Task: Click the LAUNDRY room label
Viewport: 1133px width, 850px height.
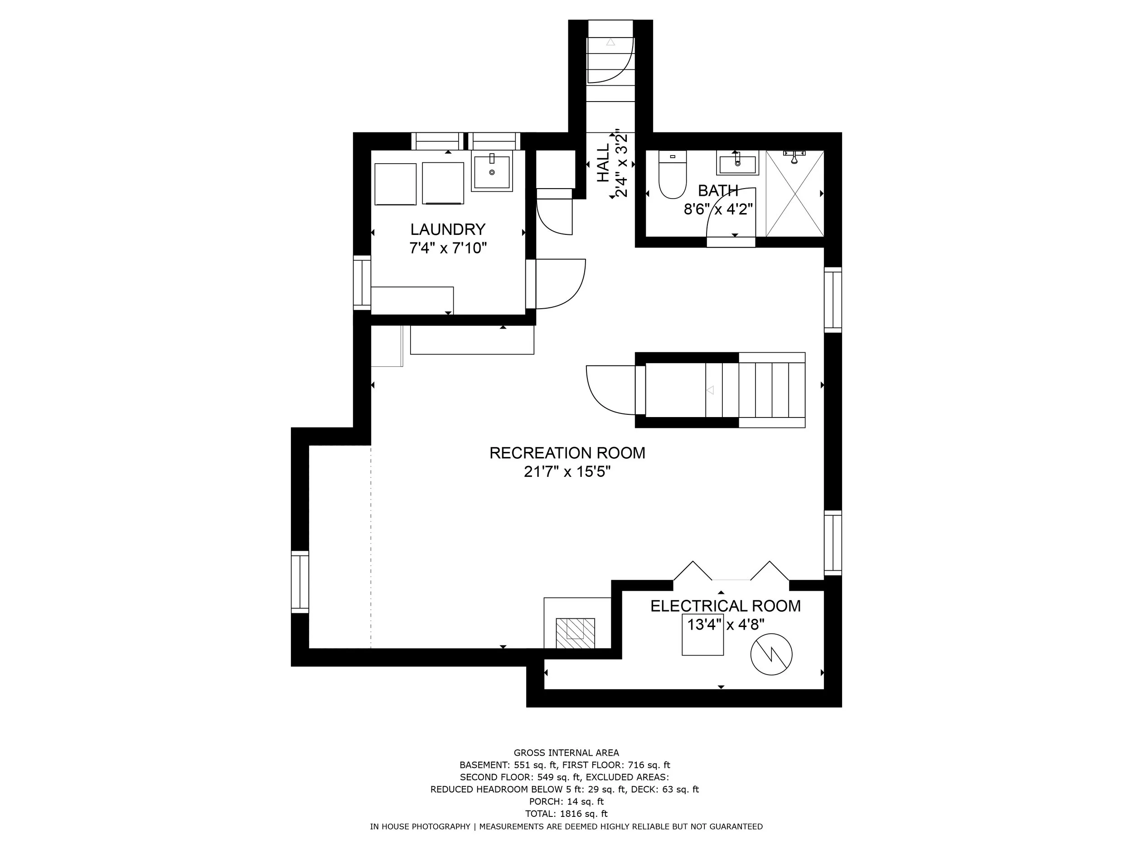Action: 447,229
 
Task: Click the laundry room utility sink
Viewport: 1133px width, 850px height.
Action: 492,172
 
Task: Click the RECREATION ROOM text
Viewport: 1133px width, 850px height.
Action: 567,453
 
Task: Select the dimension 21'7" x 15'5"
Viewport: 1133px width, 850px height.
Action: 567,472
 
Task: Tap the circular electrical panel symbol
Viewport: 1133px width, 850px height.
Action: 771,654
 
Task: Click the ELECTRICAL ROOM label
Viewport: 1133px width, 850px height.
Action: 725,606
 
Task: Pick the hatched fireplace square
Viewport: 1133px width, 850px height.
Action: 576,633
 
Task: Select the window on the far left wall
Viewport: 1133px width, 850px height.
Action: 300,582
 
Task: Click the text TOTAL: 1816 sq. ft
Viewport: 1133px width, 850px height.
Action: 566,814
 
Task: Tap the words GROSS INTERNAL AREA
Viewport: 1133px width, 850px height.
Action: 566,753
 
